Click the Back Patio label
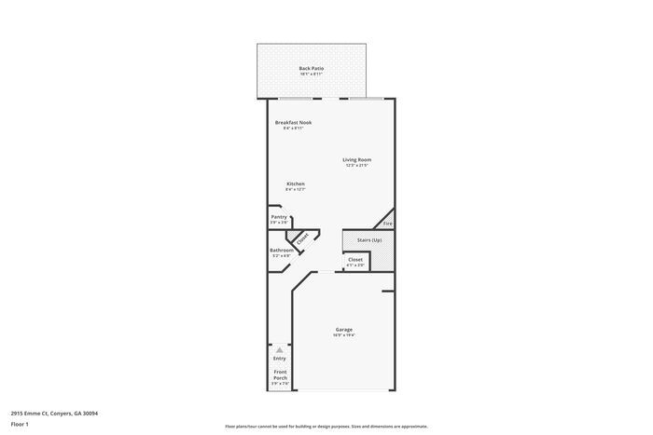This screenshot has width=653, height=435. (312, 68)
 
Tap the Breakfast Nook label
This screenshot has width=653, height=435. (293, 122)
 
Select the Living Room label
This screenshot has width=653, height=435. (356, 159)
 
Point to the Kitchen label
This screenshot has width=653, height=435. (296, 184)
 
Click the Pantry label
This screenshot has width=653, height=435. (279, 217)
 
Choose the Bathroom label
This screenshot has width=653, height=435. (282, 250)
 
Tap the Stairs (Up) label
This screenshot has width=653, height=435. (369, 240)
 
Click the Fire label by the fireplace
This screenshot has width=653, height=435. (388, 224)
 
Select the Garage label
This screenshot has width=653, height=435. (344, 329)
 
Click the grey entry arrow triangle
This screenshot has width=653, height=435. (279, 350)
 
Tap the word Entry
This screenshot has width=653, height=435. (279, 359)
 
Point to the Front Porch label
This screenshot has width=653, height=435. (280, 374)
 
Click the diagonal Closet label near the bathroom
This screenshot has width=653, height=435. (302, 239)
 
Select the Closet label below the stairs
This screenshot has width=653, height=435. (355, 260)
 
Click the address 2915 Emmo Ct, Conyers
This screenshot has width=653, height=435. (54, 413)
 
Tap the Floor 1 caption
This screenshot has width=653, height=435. (21, 424)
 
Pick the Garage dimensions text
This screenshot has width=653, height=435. (344, 335)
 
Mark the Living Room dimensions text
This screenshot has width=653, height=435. (356, 166)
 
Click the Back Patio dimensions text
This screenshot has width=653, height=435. (312, 75)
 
